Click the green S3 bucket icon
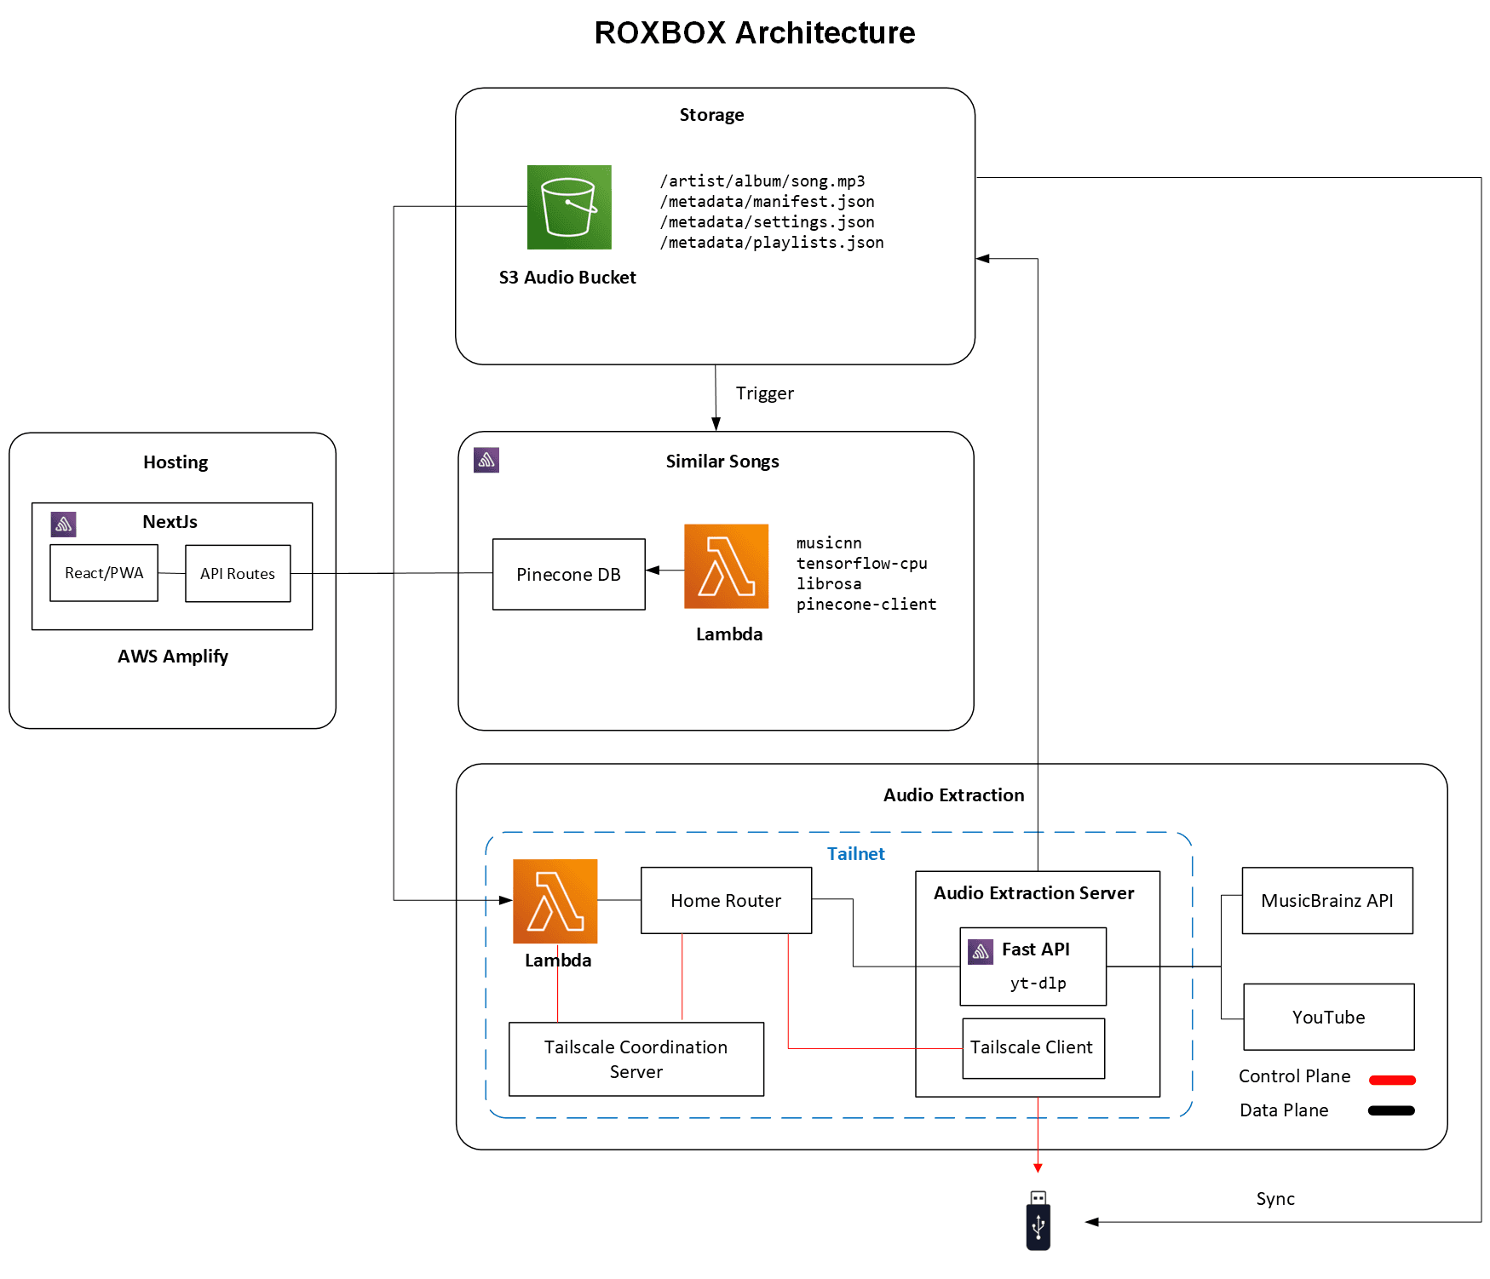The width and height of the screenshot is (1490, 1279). [569, 207]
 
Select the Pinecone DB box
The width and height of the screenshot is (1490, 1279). [568, 574]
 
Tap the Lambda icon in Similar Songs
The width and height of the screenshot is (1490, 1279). [726, 566]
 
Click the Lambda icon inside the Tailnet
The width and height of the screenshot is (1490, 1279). [555, 901]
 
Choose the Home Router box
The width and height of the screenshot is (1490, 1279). [726, 901]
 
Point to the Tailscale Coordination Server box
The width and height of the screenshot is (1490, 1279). [636, 1059]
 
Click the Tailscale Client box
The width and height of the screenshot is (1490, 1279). [1033, 1048]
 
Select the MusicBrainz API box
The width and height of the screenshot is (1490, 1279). [1326, 901]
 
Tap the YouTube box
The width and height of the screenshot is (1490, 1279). [1328, 1018]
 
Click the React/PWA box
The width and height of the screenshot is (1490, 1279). [104, 573]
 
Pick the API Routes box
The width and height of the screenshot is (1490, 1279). [238, 574]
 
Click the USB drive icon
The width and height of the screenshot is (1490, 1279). [1038, 1222]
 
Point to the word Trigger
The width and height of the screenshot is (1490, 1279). [764, 393]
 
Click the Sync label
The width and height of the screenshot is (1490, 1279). [1274, 1199]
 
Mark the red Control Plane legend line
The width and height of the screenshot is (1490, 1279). [1392, 1080]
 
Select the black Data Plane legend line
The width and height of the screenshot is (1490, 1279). [1390, 1110]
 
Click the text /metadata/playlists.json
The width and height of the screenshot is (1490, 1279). [771, 243]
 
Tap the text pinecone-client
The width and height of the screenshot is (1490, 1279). [866, 605]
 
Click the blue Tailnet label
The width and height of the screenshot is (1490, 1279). [855, 854]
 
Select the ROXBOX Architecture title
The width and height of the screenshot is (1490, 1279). [754, 32]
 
